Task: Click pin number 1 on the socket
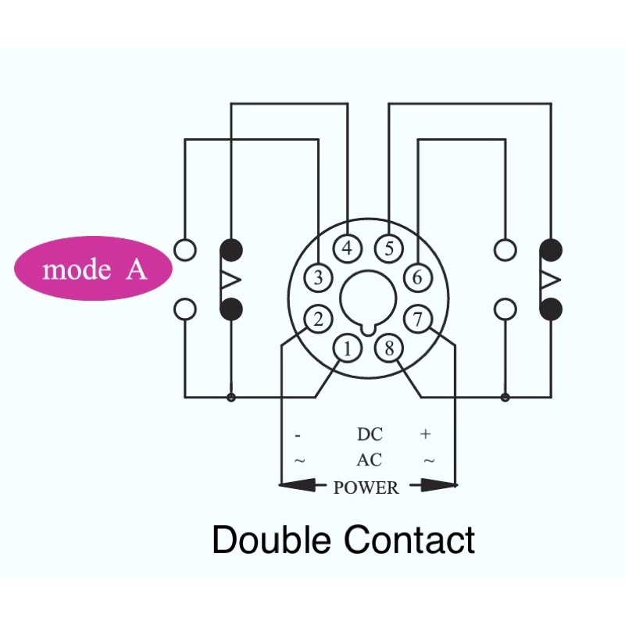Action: pos(347,348)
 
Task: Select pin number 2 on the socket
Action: pos(318,320)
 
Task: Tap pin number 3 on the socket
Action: pos(318,277)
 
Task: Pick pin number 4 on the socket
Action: pos(347,248)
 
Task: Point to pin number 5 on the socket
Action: pos(389,248)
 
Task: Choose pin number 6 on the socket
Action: pos(417,277)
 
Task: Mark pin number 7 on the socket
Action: pos(417,320)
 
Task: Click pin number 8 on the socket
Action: pos(389,348)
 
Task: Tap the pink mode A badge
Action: pos(94,268)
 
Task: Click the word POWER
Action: pos(366,487)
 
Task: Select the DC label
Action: pos(370,434)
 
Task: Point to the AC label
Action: pos(370,459)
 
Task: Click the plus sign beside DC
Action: pos(426,434)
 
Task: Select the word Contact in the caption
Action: pos(409,539)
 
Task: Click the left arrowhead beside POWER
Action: pos(298,485)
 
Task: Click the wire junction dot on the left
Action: pos(231,397)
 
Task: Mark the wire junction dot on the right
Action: pos(505,397)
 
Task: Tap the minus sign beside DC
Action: pos(298,436)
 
